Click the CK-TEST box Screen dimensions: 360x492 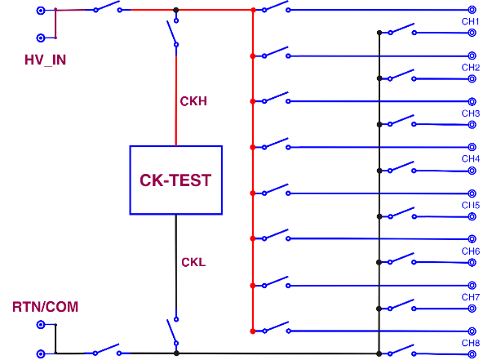point(175,180)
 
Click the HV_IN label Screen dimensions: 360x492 point(45,60)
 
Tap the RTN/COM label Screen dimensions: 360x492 point(45,307)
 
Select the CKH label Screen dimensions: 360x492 point(193,101)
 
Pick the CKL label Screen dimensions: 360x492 point(193,262)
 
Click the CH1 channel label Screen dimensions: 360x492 point(471,22)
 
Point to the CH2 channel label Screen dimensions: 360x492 point(471,68)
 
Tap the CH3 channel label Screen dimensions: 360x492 point(471,113)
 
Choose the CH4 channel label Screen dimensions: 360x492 point(471,159)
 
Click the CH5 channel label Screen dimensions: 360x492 point(471,206)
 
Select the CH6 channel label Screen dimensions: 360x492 point(471,251)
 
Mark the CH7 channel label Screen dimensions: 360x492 point(471,297)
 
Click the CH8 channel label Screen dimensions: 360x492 point(471,344)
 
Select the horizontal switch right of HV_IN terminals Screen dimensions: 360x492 point(108,9)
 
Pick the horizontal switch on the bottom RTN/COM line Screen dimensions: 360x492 point(107,351)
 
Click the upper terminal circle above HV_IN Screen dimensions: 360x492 point(40,11)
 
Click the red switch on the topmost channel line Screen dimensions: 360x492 point(276,8)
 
